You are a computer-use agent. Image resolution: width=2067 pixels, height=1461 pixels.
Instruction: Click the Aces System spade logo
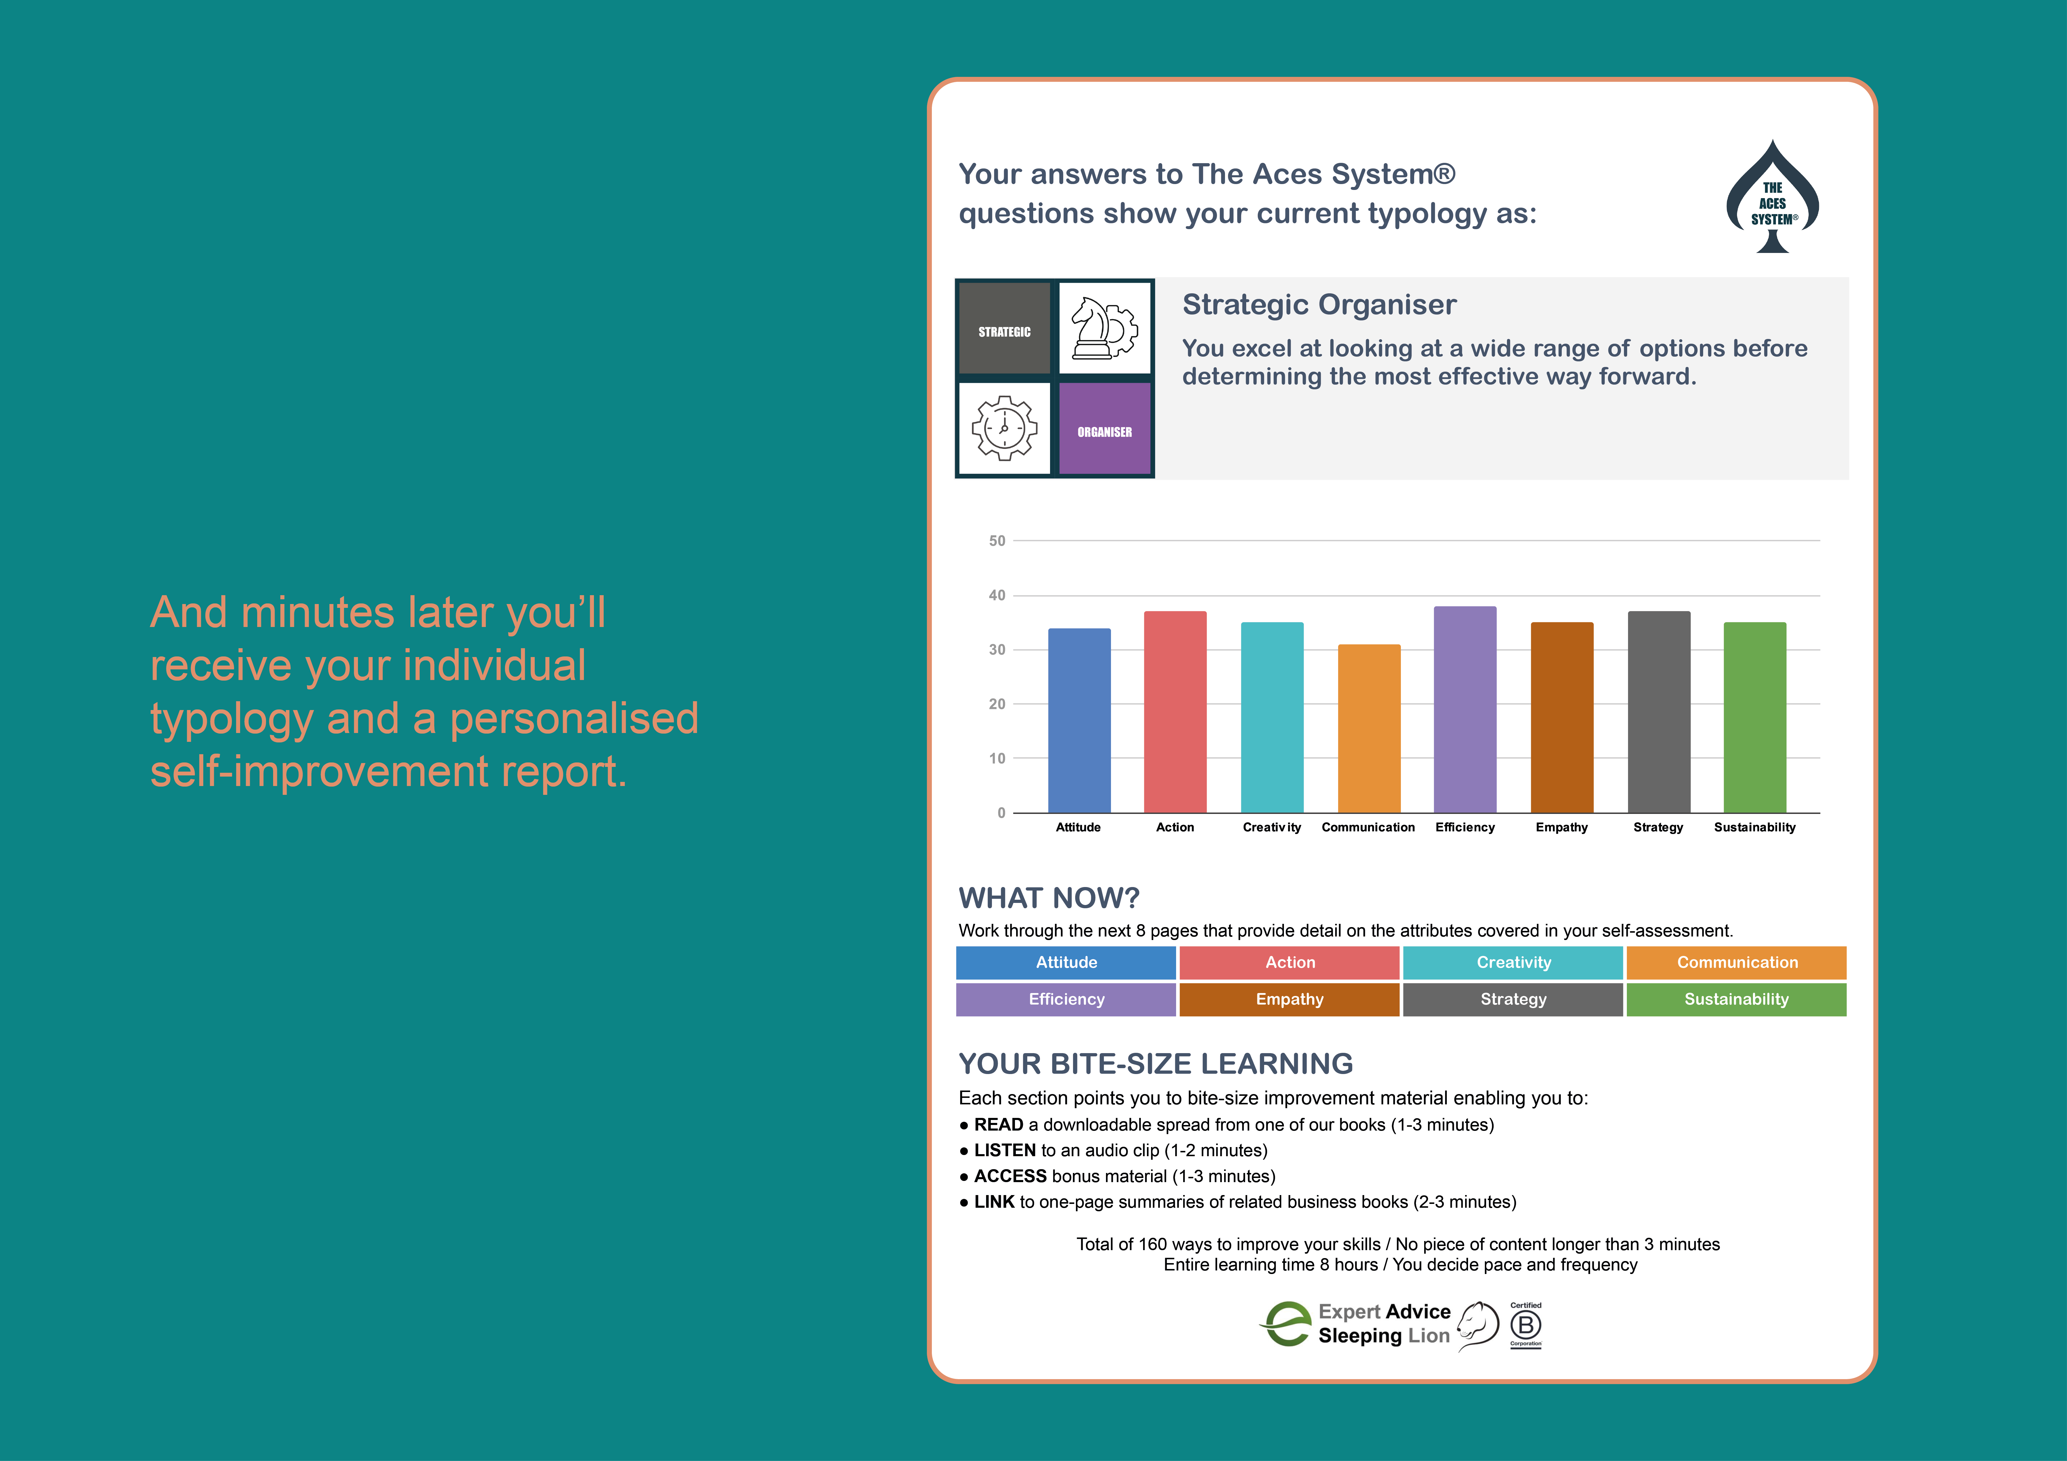pyautogui.click(x=1772, y=196)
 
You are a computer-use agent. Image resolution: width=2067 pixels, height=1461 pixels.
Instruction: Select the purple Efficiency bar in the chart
pyautogui.click(x=1465, y=709)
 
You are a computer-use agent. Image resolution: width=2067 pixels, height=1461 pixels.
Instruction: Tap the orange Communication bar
pyautogui.click(x=1368, y=728)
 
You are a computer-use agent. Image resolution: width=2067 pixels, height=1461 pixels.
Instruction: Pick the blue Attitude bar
pyautogui.click(x=1079, y=720)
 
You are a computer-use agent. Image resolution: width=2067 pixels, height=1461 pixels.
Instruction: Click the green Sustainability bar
pyautogui.click(x=1755, y=717)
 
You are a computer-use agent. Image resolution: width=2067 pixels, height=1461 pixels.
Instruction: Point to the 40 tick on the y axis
pyautogui.click(x=997, y=595)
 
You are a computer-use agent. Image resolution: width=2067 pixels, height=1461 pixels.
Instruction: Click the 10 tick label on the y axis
pyautogui.click(x=997, y=758)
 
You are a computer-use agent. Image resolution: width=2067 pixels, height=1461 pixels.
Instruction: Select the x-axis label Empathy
pyautogui.click(x=1561, y=827)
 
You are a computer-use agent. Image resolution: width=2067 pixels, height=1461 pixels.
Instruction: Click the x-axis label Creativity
pyautogui.click(x=1271, y=827)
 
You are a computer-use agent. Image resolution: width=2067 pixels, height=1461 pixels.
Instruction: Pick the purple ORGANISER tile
pyautogui.click(x=1105, y=428)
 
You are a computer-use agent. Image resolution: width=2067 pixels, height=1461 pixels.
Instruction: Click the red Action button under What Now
pyautogui.click(x=1289, y=962)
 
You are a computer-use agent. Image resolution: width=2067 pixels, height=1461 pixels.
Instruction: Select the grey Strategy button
pyautogui.click(x=1513, y=999)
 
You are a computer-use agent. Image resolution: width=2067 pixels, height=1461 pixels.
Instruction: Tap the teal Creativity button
pyautogui.click(x=1513, y=962)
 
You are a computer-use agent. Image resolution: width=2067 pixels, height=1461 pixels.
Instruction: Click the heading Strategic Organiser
pyautogui.click(x=1319, y=305)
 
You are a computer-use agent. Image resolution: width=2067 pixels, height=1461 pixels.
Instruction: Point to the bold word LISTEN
pyautogui.click(x=1005, y=1150)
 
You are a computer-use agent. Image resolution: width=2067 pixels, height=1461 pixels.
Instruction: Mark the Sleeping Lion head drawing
pyautogui.click(x=1477, y=1325)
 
